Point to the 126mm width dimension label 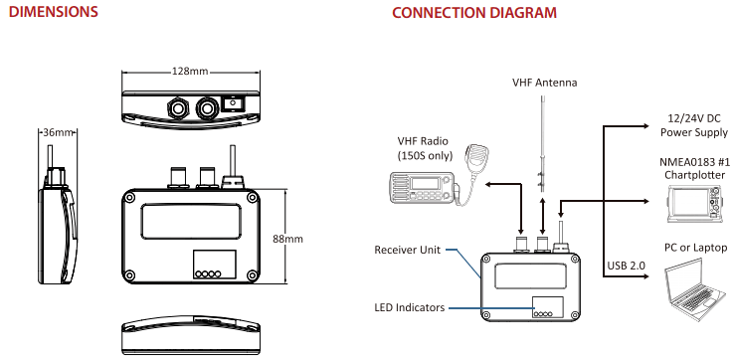click(190, 72)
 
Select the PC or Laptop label click(693, 247)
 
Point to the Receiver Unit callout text click(406, 248)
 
